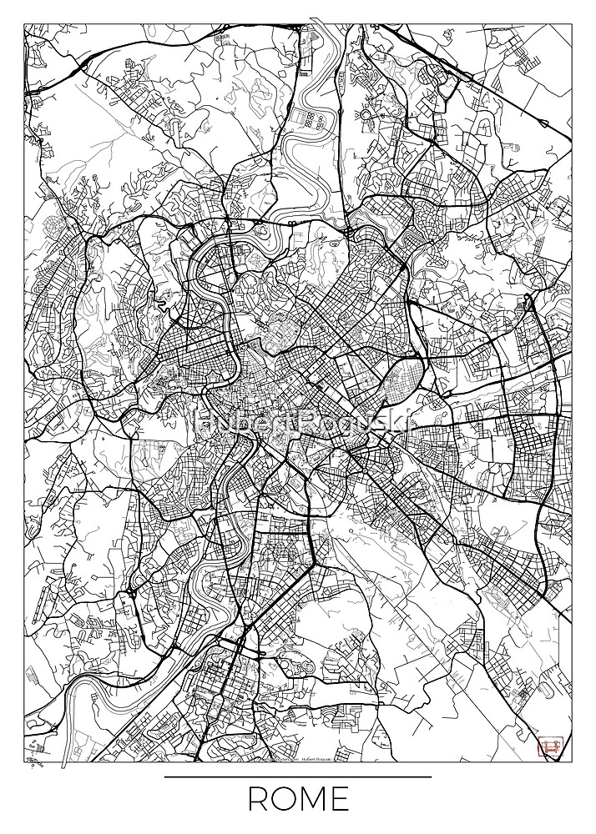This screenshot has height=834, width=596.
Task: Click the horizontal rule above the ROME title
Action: [298, 777]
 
